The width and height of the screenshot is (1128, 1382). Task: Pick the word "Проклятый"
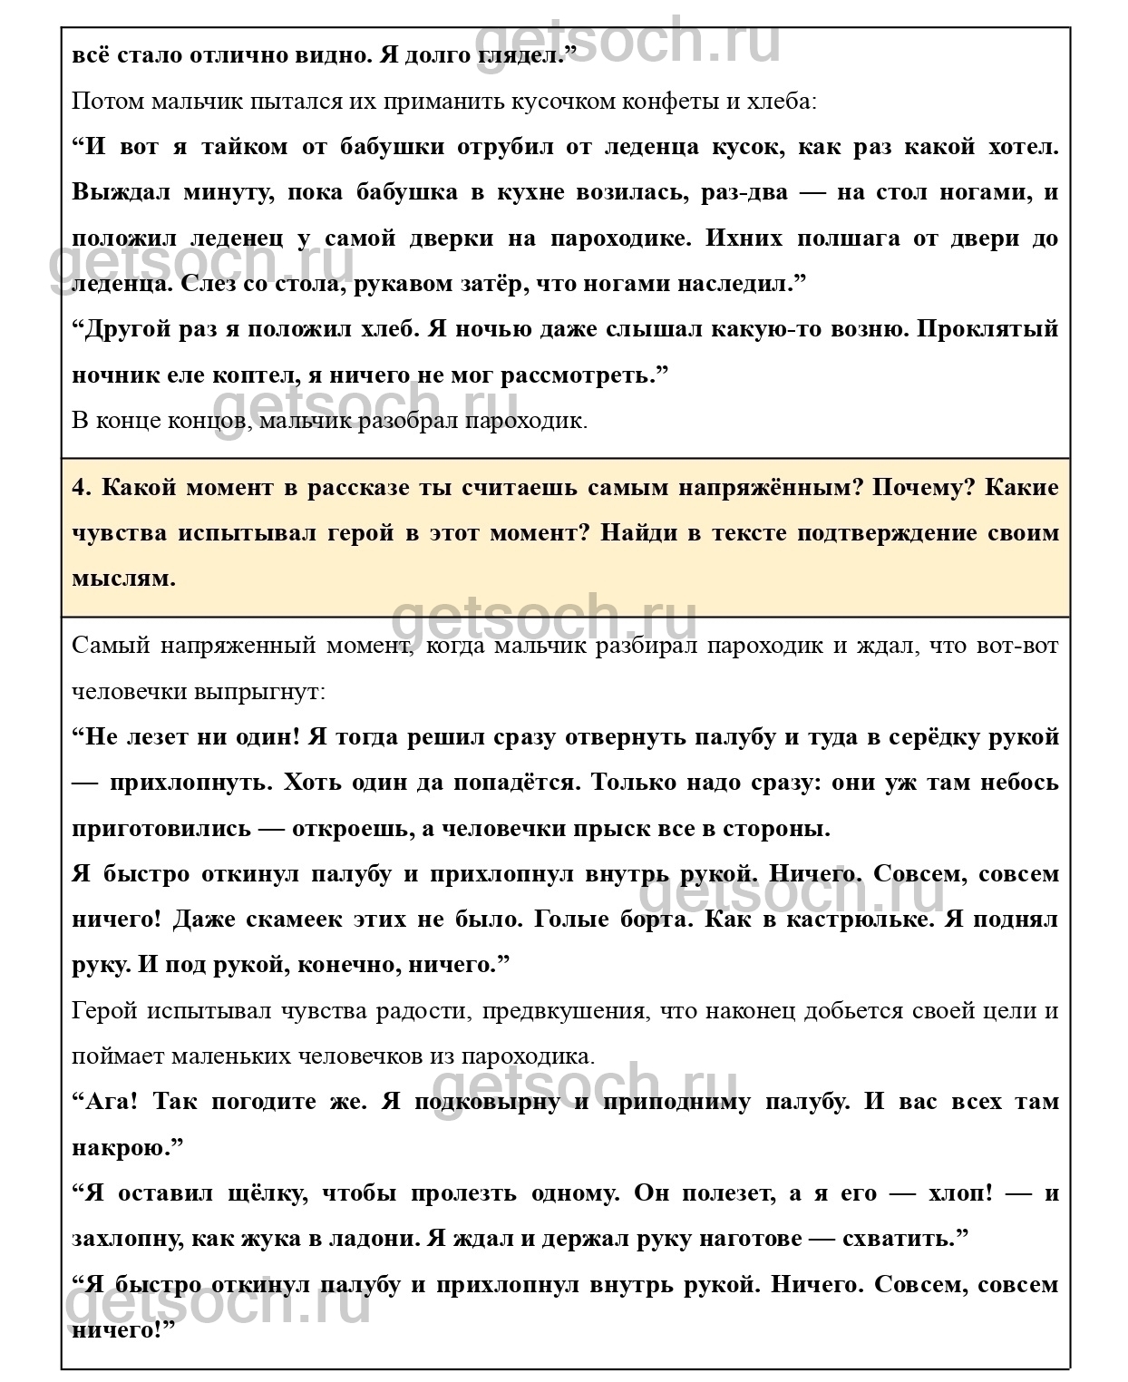click(987, 328)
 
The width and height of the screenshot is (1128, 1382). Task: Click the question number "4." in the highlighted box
click(82, 487)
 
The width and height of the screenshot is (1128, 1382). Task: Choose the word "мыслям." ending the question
click(123, 578)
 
